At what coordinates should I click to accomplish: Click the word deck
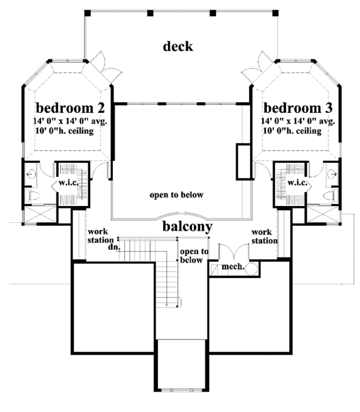point(178,46)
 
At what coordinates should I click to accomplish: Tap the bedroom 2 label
point(70,108)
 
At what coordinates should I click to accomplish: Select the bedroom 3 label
point(298,108)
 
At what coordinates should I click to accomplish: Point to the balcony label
point(187,226)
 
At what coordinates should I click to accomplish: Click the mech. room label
point(233,267)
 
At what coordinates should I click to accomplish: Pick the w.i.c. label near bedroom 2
point(68,183)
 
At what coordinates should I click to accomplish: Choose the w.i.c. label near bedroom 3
point(297,183)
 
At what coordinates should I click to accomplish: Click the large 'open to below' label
point(176,195)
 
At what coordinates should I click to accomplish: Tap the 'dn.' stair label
point(114,247)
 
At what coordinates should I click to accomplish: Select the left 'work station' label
point(100,236)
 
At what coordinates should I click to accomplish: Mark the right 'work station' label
point(265,237)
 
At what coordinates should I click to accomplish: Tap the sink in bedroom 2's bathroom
point(31,174)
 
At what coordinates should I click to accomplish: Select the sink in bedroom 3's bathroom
point(332,174)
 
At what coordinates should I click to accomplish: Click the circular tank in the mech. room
point(251,269)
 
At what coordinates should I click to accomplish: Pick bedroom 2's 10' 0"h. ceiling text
point(64,131)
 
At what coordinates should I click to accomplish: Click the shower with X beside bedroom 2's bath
point(40,214)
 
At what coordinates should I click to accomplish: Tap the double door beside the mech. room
point(234,252)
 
